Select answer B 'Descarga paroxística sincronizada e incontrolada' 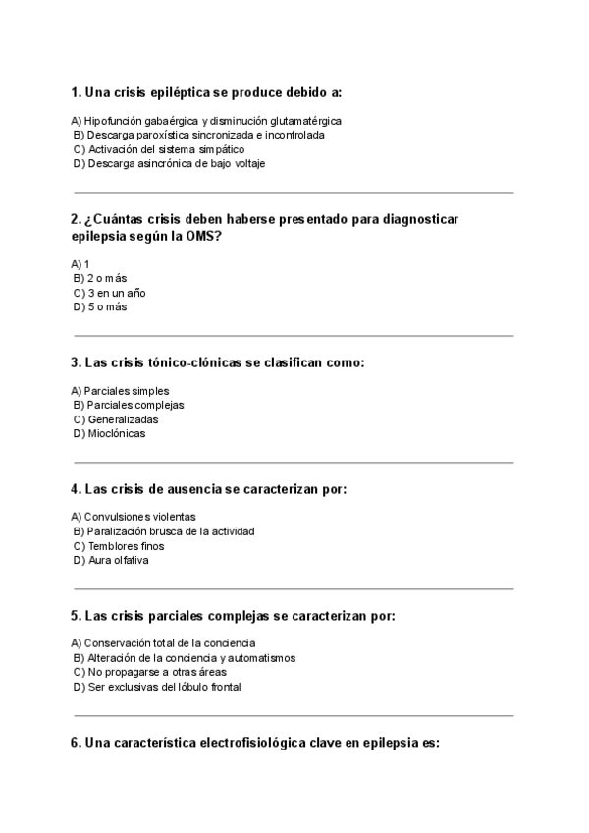pyautogui.click(x=204, y=135)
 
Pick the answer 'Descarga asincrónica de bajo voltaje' pyautogui.click(x=176, y=164)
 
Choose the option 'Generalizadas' pyautogui.click(x=122, y=419)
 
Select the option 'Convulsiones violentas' pyautogui.click(x=139, y=517)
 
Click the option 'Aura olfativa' pyautogui.click(x=119, y=560)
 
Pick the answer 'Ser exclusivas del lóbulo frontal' pyautogui.click(x=163, y=687)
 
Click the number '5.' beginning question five pyautogui.click(x=76, y=616)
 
